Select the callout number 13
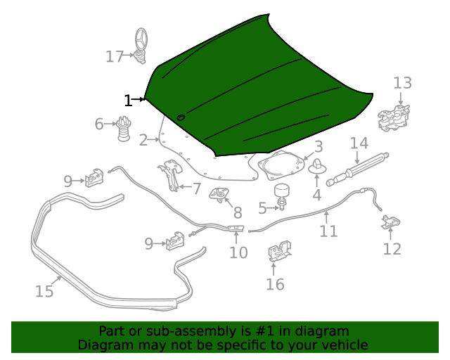tap(402, 84)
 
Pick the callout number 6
tap(100, 124)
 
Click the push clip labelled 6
tap(124, 129)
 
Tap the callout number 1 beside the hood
tap(127, 101)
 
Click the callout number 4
tap(316, 195)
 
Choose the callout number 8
tap(238, 212)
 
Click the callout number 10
tap(238, 252)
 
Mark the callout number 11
tap(328, 231)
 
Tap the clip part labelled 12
tap(391, 224)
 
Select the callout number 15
tap(44, 290)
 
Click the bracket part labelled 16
tap(280, 252)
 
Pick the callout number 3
tap(319, 147)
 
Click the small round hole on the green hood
tap(181, 117)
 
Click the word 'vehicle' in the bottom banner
tap(342, 345)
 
